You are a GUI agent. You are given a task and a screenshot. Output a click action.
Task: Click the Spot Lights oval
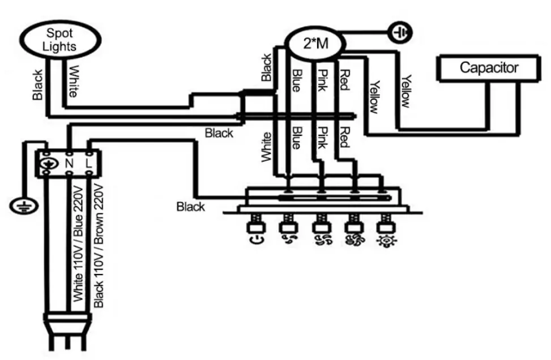click(61, 40)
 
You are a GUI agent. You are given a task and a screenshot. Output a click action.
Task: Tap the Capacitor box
click(488, 68)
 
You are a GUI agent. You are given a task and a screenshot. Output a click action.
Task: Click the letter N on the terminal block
click(70, 164)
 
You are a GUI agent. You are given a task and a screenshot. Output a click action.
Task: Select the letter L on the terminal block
click(89, 164)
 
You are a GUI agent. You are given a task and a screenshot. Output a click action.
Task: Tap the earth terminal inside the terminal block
click(48, 164)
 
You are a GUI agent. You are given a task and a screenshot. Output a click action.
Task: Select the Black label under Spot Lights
click(37, 85)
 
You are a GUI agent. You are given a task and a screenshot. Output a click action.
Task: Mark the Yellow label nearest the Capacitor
click(405, 91)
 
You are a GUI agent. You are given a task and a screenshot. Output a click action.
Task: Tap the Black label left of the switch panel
click(191, 207)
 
